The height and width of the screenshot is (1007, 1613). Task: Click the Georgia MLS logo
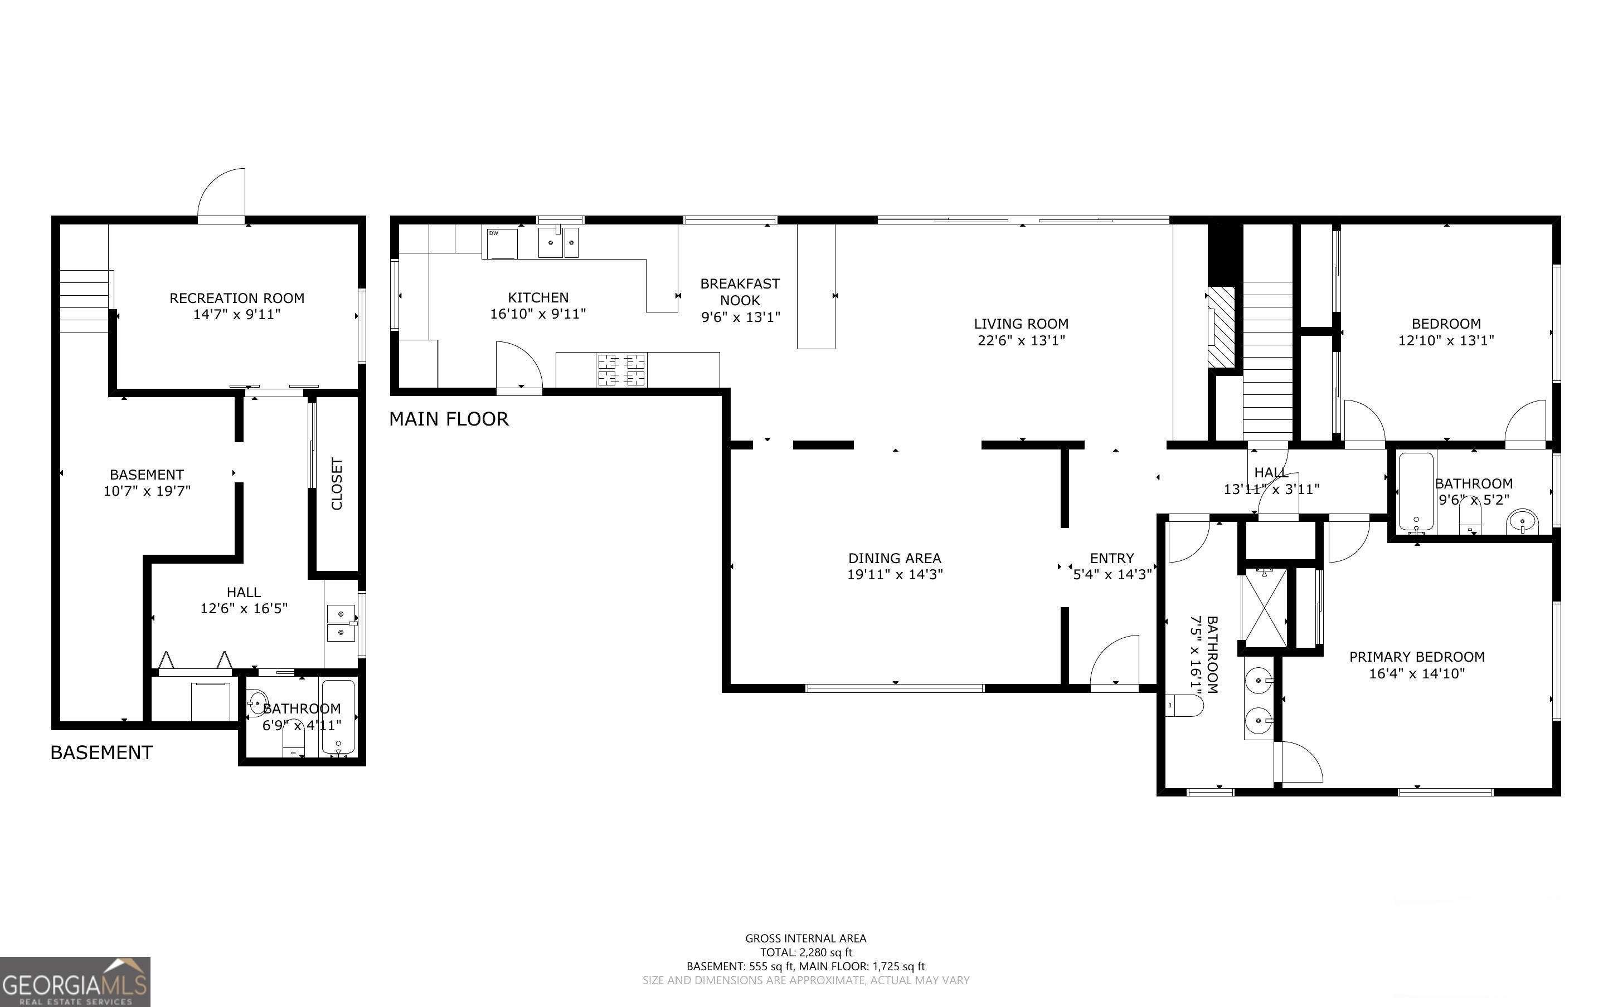click(75, 982)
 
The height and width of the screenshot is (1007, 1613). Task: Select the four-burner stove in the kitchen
click(621, 370)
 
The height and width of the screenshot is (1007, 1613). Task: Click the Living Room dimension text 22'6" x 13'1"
click(1021, 340)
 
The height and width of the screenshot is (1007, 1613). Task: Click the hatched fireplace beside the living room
click(1221, 326)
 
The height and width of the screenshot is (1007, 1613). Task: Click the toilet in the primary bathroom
click(1186, 705)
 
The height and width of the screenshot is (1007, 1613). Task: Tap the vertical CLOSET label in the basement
click(337, 483)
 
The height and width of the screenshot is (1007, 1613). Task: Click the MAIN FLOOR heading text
click(448, 419)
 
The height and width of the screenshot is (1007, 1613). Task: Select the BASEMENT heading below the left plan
click(101, 752)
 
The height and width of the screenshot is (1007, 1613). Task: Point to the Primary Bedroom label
click(1416, 657)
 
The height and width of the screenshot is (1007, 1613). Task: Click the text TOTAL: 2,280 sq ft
click(805, 952)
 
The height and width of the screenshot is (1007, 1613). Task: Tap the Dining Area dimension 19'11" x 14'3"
click(894, 574)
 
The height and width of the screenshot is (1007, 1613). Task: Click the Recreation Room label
click(236, 298)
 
